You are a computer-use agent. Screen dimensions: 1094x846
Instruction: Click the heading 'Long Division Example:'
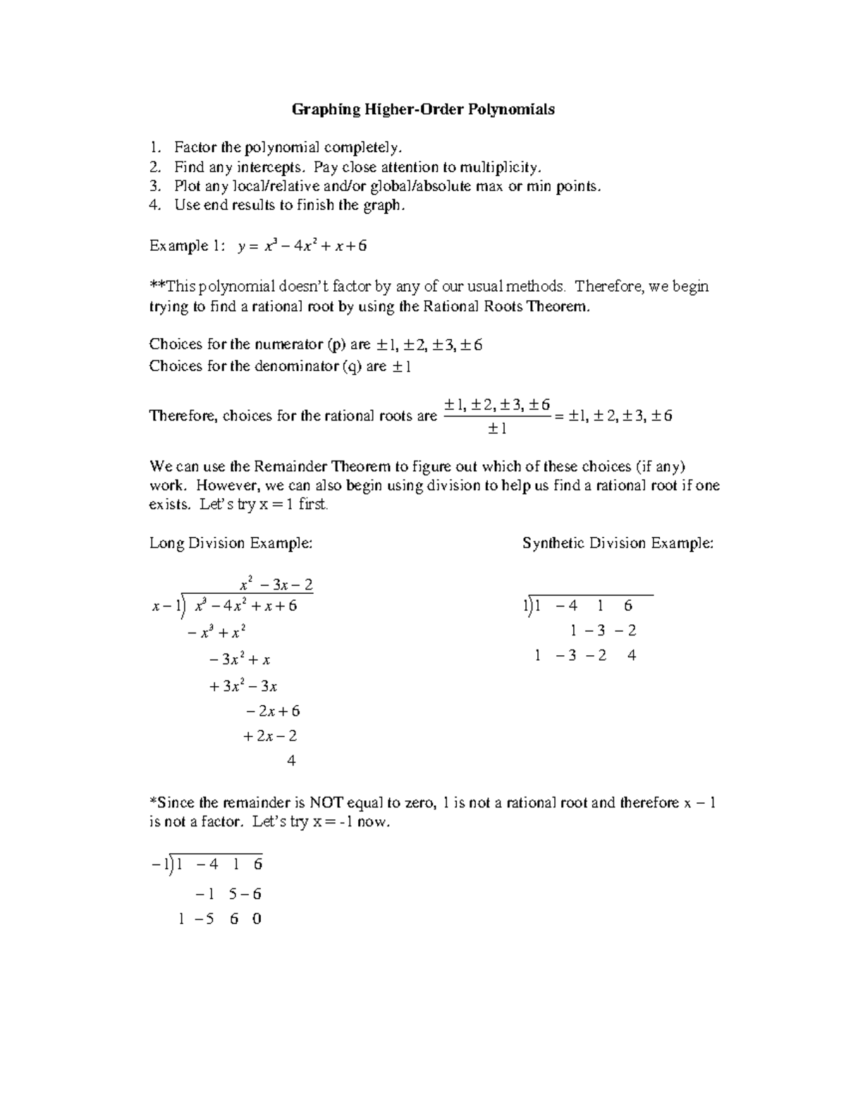(231, 543)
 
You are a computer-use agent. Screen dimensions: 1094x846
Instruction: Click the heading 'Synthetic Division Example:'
(618, 543)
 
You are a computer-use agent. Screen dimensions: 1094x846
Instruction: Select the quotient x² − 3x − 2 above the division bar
(276, 585)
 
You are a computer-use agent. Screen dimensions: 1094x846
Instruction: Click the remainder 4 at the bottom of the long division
(291, 761)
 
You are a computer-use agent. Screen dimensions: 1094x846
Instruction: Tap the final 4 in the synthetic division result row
(631, 655)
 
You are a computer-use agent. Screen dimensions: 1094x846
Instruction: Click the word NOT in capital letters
(325, 802)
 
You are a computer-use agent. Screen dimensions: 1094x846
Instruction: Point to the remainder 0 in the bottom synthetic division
(257, 919)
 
